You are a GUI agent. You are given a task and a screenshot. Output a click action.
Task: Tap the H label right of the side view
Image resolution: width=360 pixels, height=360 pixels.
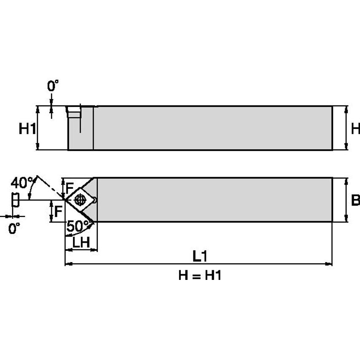coord(355,129)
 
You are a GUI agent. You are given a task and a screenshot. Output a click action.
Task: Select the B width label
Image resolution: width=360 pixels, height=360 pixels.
coord(355,200)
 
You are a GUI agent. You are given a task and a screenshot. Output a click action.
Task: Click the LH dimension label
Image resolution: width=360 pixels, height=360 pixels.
coord(80,242)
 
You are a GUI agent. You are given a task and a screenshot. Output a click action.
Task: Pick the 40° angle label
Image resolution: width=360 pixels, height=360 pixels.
coord(21,183)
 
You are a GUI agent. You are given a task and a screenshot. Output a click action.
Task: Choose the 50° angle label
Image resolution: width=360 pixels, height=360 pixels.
coord(76,226)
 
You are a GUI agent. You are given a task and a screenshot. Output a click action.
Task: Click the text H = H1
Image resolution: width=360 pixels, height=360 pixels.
coord(200,276)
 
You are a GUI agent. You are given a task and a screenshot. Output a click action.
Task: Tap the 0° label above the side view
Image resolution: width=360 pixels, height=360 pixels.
coord(53,87)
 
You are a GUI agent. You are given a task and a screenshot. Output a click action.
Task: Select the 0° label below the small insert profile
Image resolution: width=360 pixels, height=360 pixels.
coord(14,228)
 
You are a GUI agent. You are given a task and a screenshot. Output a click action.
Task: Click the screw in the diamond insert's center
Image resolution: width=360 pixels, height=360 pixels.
coord(79,199)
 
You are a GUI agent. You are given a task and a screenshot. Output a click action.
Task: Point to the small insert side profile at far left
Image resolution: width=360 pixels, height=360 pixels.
coord(15,199)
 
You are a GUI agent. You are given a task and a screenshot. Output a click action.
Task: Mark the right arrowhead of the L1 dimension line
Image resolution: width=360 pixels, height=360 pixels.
coord(329,264)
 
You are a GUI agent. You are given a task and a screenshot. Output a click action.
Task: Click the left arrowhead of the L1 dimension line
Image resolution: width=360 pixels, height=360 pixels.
coord(68,264)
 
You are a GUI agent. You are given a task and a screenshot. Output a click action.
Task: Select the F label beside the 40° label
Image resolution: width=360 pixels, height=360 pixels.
coord(70,185)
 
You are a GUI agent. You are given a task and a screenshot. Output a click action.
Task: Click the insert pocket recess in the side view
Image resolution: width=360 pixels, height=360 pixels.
coord(74,113)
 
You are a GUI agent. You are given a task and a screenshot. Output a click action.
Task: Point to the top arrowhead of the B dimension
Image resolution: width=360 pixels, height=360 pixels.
coord(347,181)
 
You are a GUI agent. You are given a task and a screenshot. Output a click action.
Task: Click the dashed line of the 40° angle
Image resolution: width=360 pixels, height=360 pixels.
coord(51,186)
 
